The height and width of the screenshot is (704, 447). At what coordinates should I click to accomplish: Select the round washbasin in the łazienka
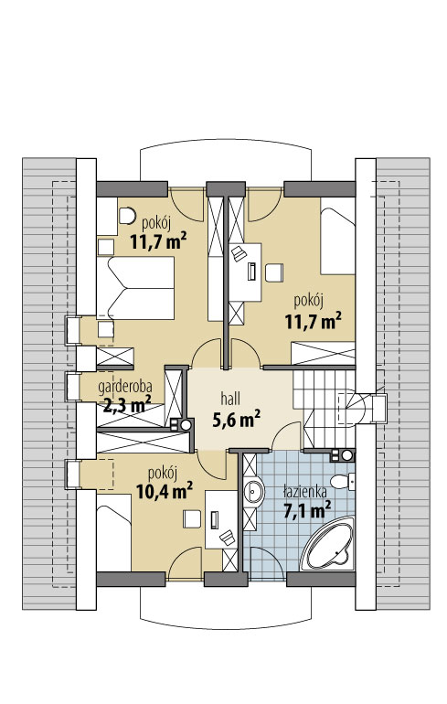tap(254, 491)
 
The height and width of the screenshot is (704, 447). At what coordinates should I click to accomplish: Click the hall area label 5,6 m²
tap(237, 420)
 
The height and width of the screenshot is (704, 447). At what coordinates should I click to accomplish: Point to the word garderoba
tap(125, 386)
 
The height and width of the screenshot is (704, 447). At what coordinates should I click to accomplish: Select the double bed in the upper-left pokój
tap(135, 288)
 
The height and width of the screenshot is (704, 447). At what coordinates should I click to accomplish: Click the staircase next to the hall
tap(326, 409)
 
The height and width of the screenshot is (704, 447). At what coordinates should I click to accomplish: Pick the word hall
tap(230, 399)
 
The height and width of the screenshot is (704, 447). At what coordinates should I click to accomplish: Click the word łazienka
tap(305, 492)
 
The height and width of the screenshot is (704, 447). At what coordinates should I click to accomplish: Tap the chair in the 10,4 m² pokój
tap(192, 518)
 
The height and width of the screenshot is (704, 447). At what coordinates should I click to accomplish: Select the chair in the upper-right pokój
tap(274, 272)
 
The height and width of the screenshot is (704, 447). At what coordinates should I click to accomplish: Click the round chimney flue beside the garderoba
tap(186, 424)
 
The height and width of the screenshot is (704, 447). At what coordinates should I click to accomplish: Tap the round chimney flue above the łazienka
tap(347, 455)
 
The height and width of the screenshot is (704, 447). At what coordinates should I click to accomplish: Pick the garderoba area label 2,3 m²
tap(127, 405)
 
